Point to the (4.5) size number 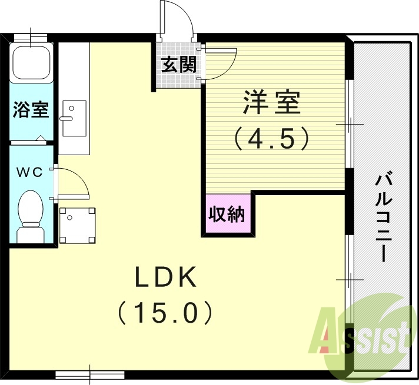point(272,138)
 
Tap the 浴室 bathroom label point(31,110)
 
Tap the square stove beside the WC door point(78,225)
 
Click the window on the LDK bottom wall point(90,374)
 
